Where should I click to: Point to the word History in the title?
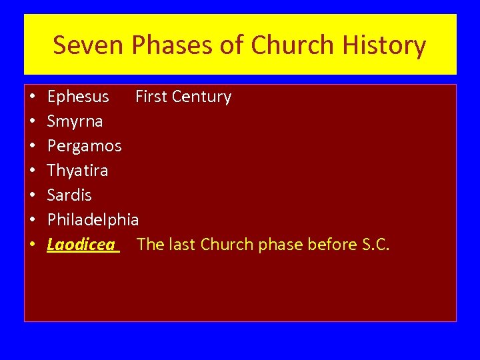(385, 45)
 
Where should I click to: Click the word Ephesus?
(78, 97)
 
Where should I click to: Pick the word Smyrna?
(75, 121)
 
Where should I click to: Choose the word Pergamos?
(84, 146)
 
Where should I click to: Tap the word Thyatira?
(77, 171)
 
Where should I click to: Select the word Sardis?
(69, 195)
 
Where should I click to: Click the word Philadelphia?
(93, 219)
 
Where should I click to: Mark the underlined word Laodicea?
(81, 245)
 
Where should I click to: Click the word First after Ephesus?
(151, 97)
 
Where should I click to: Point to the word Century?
(201, 97)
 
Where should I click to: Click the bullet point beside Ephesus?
(33, 97)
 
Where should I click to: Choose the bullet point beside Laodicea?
(33, 245)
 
